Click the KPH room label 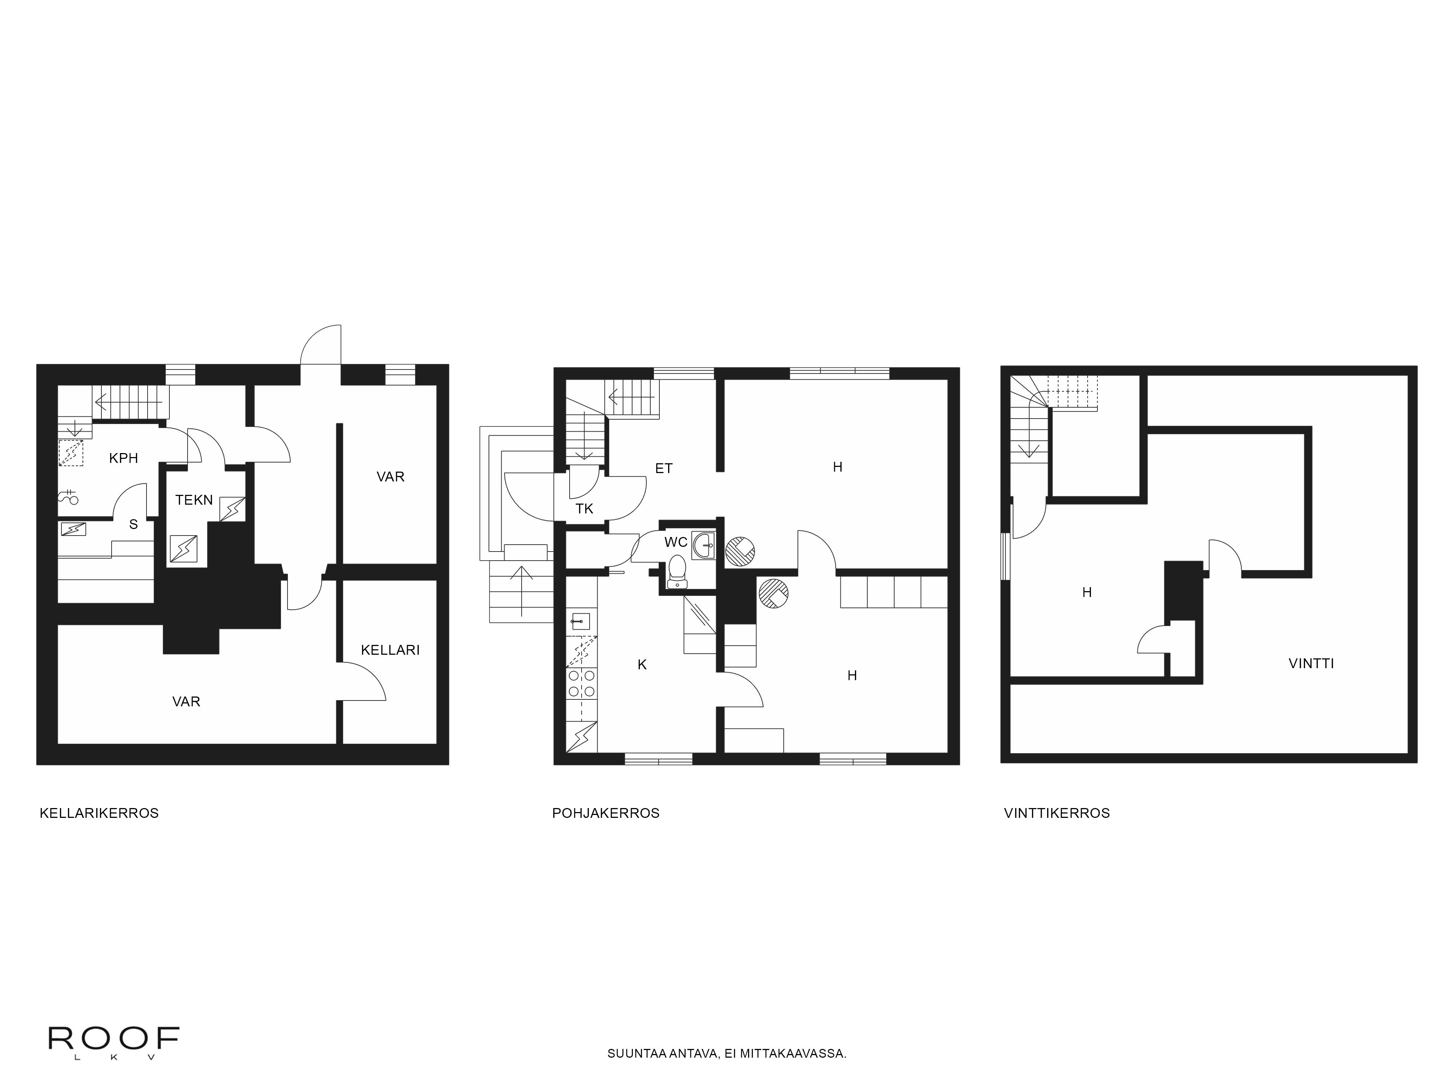124,458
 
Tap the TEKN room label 194,500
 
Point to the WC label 676,542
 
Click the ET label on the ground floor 664,468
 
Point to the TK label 585,509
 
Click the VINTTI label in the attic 1312,663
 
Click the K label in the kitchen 642,665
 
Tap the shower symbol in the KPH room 68,497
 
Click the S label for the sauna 133,524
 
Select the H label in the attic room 1087,593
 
